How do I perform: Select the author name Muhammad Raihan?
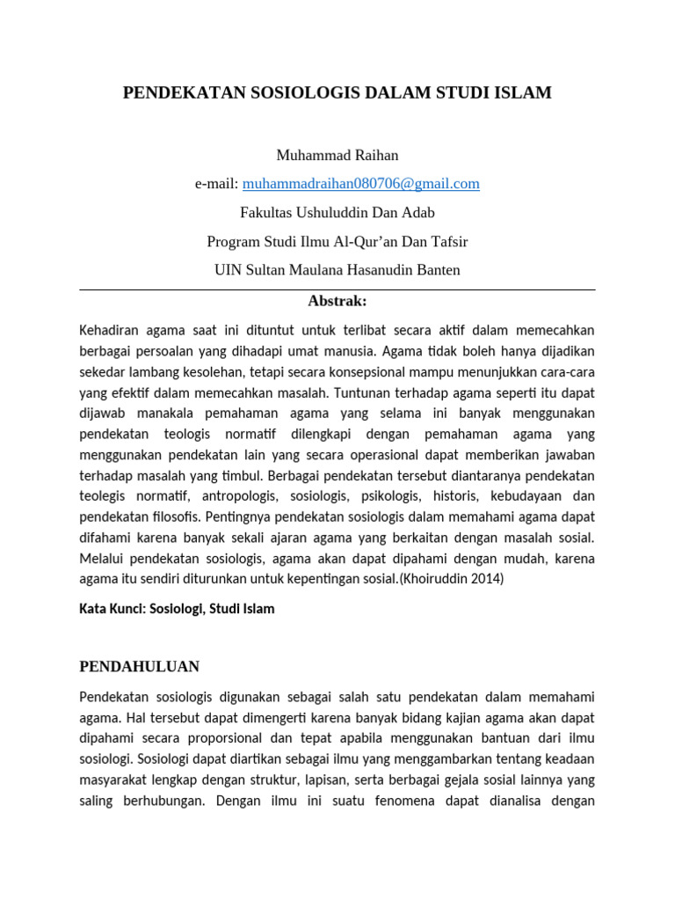coord(337,155)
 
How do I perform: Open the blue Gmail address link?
coord(361,183)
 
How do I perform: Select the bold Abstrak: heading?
coord(337,301)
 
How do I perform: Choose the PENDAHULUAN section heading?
coord(139,666)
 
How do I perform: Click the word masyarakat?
coord(113,780)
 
